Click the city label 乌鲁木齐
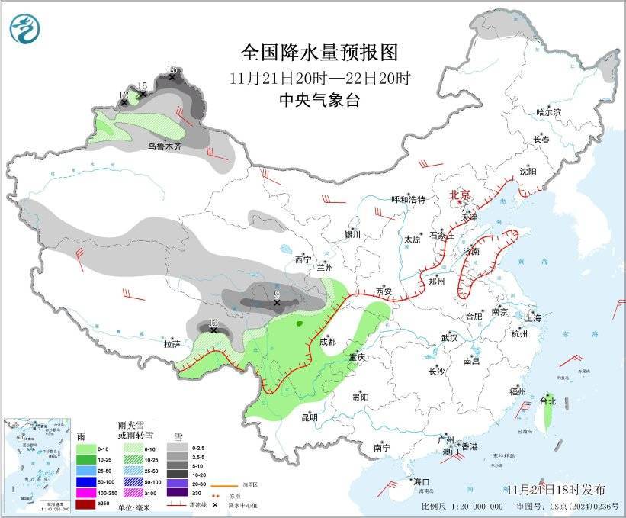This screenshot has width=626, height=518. click(x=165, y=146)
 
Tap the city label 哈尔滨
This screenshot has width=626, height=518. click(x=548, y=112)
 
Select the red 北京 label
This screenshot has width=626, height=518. click(x=461, y=195)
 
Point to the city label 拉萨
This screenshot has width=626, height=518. click(x=172, y=344)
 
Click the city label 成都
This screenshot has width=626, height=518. click(x=328, y=343)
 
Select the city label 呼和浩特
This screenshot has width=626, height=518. click(x=408, y=200)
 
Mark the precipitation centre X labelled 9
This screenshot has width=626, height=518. click(x=277, y=303)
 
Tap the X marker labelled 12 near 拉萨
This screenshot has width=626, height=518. click(x=214, y=330)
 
